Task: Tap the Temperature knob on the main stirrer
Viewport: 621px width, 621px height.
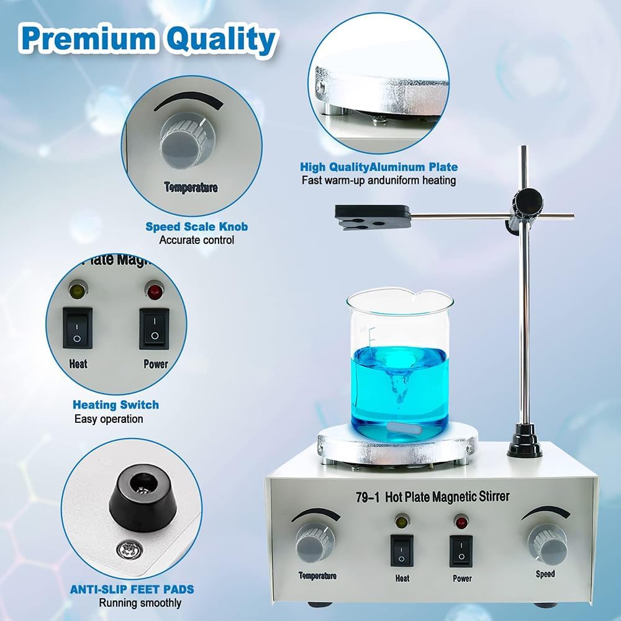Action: pyautogui.click(x=315, y=542)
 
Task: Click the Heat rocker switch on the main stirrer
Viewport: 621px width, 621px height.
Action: pyautogui.click(x=402, y=550)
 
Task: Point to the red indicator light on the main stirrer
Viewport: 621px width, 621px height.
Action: pyautogui.click(x=461, y=522)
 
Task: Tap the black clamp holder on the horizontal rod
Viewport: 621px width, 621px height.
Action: pyautogui.click(x=372, y=217)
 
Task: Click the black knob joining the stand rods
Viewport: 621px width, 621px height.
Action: pyautogui.click(x=528, y=202)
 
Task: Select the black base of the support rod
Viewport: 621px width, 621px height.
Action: pyautogui.click(x=525, y=441)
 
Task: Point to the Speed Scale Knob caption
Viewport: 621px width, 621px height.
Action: pyautogui.click(x=196, y=227)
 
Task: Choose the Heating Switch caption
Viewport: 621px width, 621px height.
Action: pyautogui.click(x=116, y=405)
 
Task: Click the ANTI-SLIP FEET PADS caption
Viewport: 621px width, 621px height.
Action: pyautogui.click(x=132, y=589)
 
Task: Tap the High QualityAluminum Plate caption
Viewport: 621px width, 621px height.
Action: pyautogui.click(x=379, y=167)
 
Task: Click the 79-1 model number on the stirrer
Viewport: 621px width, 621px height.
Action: pyautogui.click(x=368, y=497)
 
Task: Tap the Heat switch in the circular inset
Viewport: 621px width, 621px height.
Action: pyautogui.click(x=78, y=328)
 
